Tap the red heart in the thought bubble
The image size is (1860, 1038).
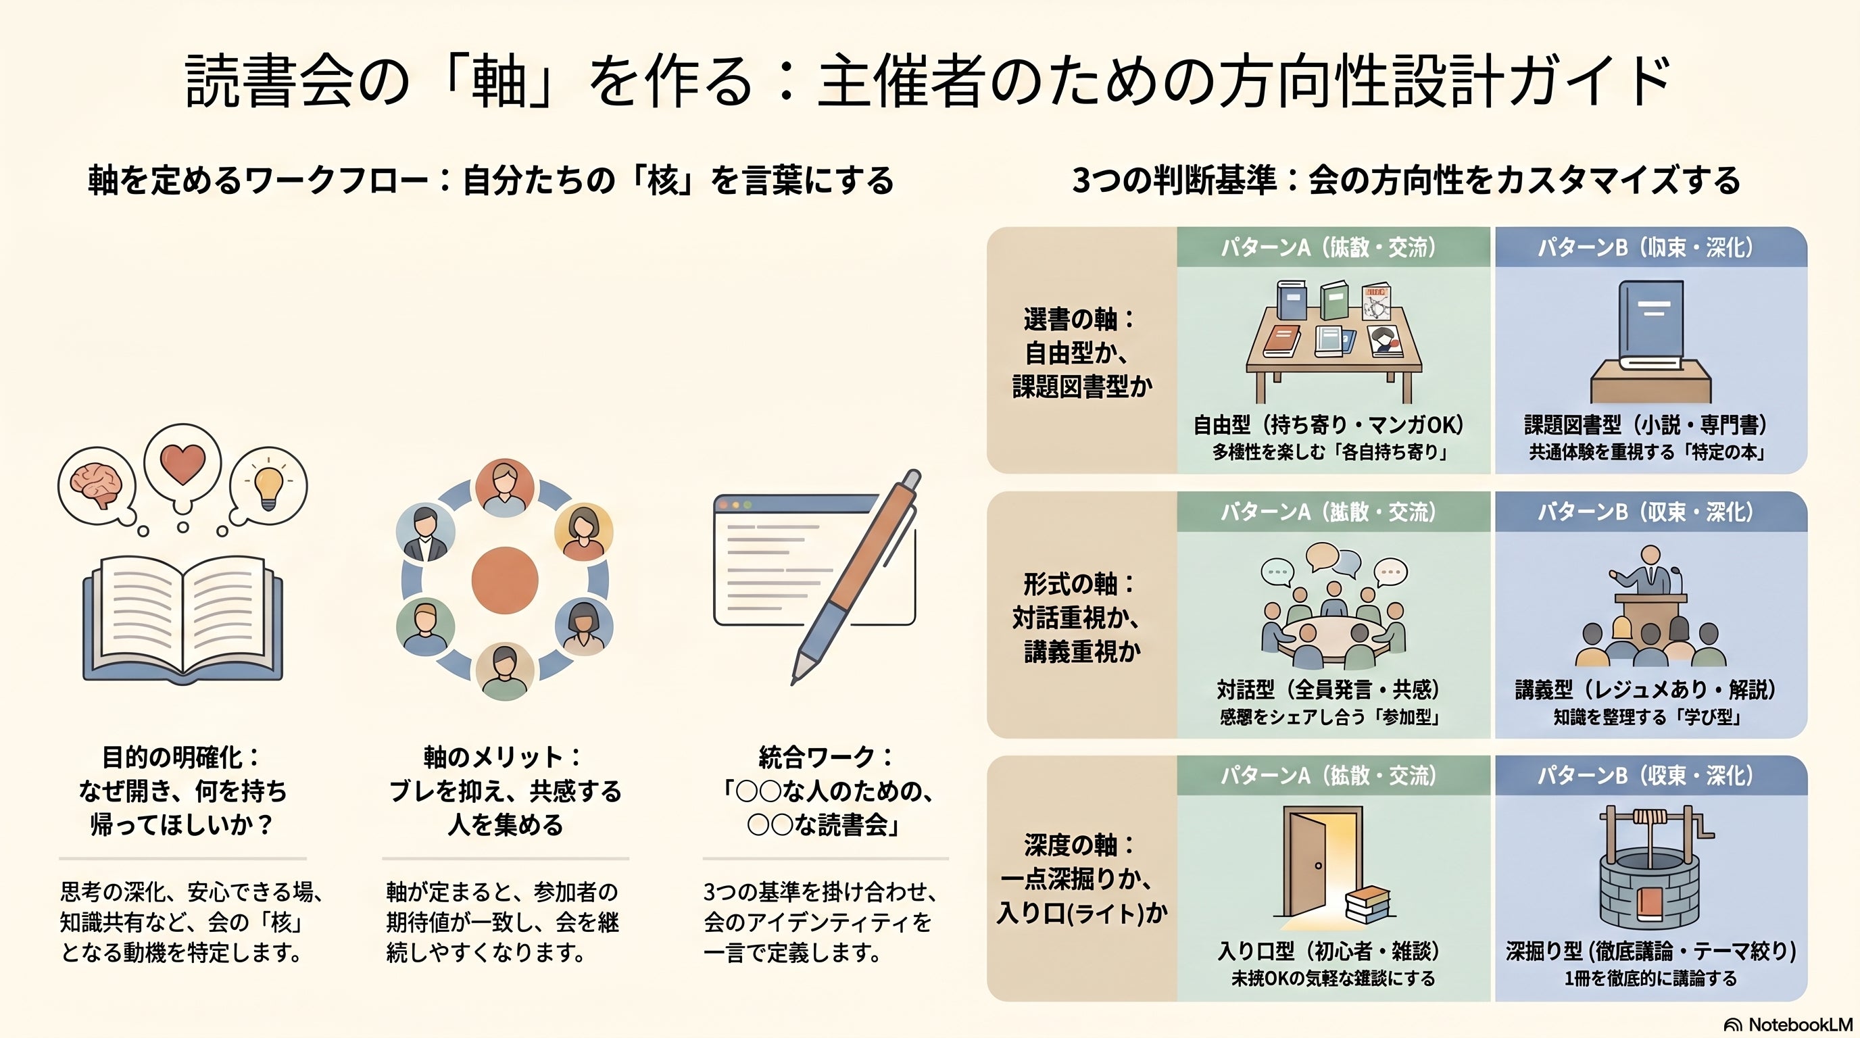(x=182, y=463)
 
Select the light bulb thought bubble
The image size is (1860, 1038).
(x=269, y=485)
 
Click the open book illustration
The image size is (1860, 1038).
(x=182, y=618)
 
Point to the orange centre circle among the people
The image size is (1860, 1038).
(x=505, y=580)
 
